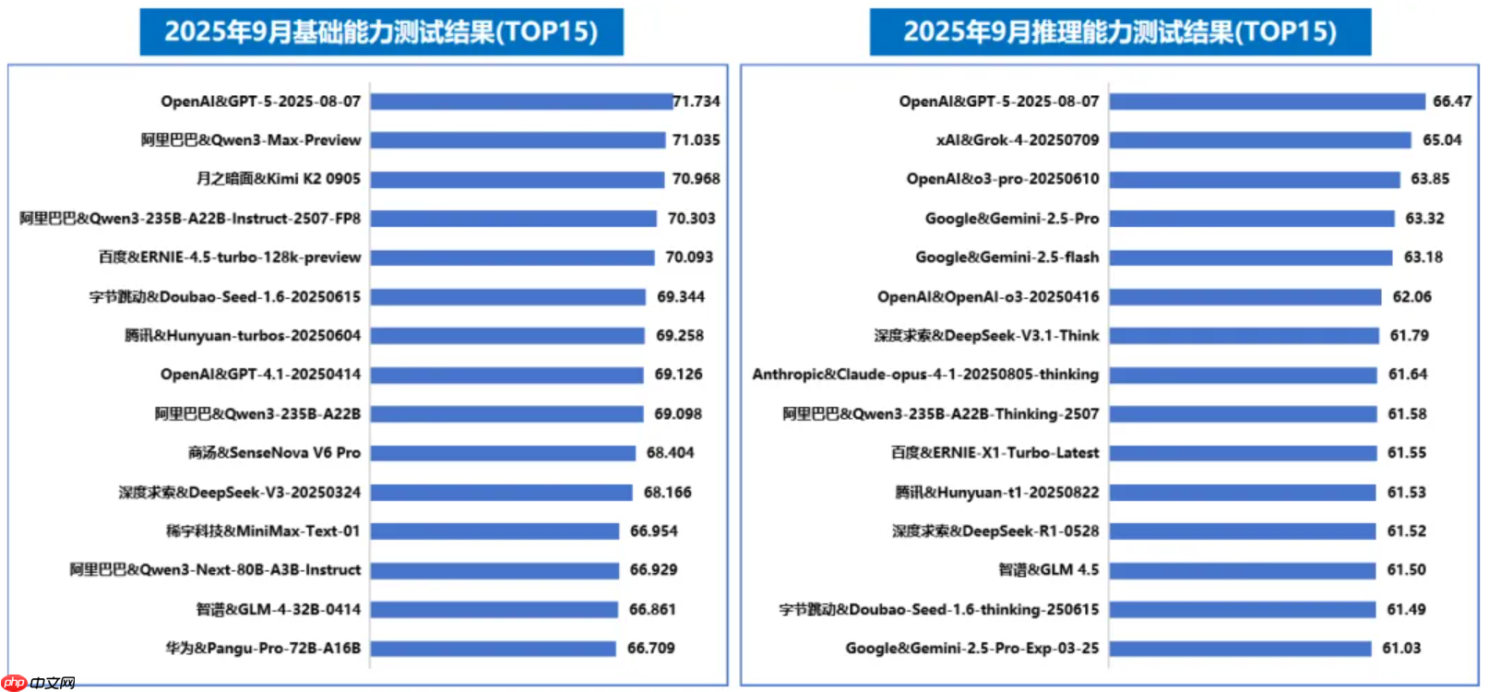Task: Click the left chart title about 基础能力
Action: [381, 32]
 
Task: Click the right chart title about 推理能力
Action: [1119, 32]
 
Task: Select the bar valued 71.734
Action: [521, 101]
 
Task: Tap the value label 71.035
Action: [696, 140]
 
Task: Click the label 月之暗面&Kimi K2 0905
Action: [278, 179]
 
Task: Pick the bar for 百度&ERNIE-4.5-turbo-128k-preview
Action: [512, 257]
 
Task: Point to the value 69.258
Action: [679, 336]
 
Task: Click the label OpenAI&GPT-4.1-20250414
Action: [260, 375]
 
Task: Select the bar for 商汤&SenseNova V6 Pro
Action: [503, 453]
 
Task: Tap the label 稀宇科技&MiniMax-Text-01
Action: [263, 531]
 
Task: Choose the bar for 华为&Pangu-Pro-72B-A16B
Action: [493, 649]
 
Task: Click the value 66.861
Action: [651, 610]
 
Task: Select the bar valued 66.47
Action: [1267, 101]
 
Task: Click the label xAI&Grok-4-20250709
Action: [1018, 140]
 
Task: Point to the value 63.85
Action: [1429, 179]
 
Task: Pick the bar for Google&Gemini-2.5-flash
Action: [1250, 257]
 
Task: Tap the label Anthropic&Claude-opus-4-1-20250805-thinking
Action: [925, 375]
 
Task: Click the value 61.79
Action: [1409, 336]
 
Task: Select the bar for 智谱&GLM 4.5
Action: [1242, 570]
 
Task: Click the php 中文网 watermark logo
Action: [38, 683]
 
